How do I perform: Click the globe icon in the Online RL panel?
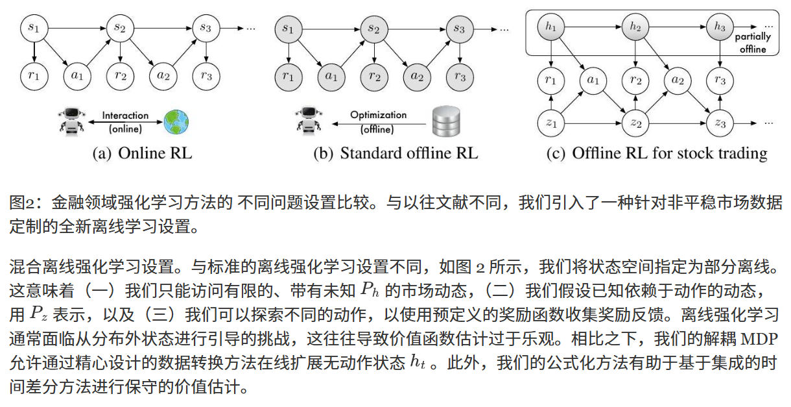point(176,122)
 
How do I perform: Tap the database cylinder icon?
point(446,121)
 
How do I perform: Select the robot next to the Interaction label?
point(72,121)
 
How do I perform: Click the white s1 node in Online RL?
point(34,28)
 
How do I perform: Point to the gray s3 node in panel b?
point(460,29)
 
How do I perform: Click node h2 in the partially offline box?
point(635,27)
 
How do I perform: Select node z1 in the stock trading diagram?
point(551,123)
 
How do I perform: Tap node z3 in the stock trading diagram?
point(720,123)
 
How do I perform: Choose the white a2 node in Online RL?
point(163,76)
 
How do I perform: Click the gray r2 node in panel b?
point(374,77)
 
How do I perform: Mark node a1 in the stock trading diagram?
point(593,80)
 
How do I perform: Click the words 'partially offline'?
point(753,43)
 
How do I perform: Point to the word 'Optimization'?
point(378,115)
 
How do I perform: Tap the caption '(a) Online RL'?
point(142,153)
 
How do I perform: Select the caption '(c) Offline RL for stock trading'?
point(657,153)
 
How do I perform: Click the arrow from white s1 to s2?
point(77,28)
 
